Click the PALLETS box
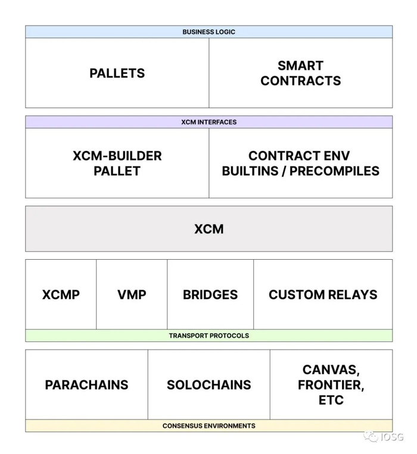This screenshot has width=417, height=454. click(x=117, y=73)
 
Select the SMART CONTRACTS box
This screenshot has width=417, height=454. click(x=300, y=73)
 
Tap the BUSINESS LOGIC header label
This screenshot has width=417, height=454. click(x=208, y=32)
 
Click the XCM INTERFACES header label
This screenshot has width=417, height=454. click(x=208, y=122)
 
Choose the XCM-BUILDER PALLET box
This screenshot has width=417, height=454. click(x=117, y=163)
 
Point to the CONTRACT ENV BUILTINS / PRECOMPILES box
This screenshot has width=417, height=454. click(x=300, y=163)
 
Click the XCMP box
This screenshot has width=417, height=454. click(x=61, y=294)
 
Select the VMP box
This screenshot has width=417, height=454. click(x=132, y=294)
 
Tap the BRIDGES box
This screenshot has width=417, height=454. click(x=210, y=294)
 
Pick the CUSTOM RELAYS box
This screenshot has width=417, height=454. click(x=323, y=294)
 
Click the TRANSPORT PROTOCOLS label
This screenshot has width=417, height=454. click(x=208, y=335)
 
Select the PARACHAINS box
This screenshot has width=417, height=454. click(x=86, y=384)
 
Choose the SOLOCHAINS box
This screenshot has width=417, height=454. click(x=208, y=384)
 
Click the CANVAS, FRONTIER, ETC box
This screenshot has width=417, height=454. click(x=331, y=384)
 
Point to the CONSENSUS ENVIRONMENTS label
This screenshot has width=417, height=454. click(x=208, y=426)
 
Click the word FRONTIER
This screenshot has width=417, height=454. click(x=331, y=385)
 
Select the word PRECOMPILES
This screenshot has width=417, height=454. click(x=340, y=171)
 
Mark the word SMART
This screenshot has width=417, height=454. click(x=300, y=66)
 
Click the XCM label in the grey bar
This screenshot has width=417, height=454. click(x=208, y=229)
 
